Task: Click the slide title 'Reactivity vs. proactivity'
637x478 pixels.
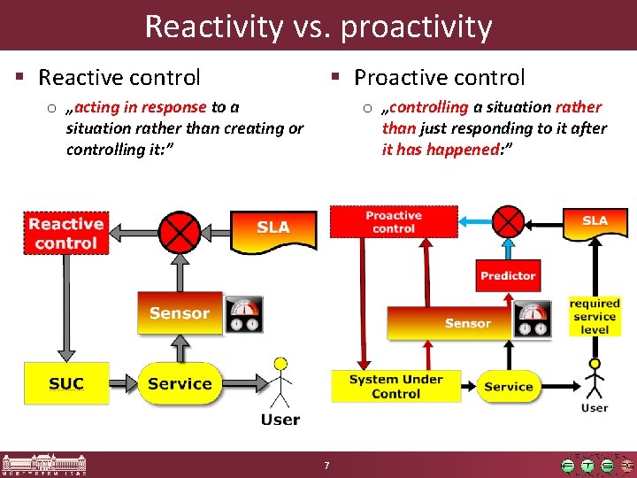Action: [x=318, y=26]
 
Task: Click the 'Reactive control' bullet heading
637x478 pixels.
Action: [x=119, y=78]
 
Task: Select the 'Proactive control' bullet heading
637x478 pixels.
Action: [x=439, y=78]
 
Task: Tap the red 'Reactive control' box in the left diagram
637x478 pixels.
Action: [x=66, y=234]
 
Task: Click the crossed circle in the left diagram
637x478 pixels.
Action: [x=181, y=233]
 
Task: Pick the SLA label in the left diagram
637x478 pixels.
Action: [x=272, y=228]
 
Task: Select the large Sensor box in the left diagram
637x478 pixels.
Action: [x=180, y=313]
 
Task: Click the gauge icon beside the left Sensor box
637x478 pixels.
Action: [x=243, y=314]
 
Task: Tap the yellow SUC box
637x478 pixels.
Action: [x=66, y=383]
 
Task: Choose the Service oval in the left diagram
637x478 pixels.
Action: [x=180, y=383]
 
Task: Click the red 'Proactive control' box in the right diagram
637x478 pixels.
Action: [x=394, y=221]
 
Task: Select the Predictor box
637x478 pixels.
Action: [x=508, y=276]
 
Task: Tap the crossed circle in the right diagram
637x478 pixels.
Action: [x=508, y=221]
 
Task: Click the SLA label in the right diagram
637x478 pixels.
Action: [x=594, y=220]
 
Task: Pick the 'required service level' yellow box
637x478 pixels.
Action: [x=595, y=317]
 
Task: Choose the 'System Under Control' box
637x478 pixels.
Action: [x=395, y=386]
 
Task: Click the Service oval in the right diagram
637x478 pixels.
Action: [x=509, y=387]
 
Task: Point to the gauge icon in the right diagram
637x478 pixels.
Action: [x=533, y=320]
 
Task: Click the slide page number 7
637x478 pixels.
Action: [x=326, y=466]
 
